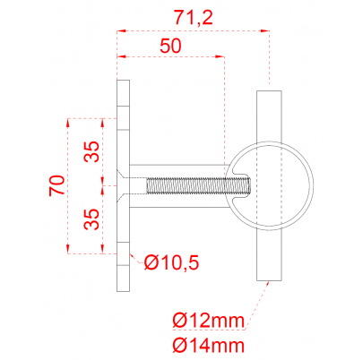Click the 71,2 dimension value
tap(194, 17)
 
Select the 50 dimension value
tap(170, 46)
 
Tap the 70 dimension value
tap(57, 185)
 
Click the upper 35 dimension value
tap(91, 151)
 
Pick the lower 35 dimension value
tap(91, 219)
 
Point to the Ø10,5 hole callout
tap(171, 262)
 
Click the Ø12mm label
tap(209, 321)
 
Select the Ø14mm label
tap(209, 346)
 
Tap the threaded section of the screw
tap(199, 185)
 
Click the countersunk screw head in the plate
tap(122, 185)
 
